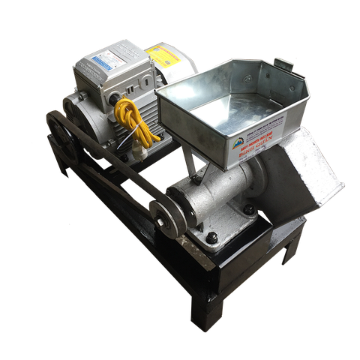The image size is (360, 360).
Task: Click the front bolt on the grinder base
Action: [212, 238]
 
